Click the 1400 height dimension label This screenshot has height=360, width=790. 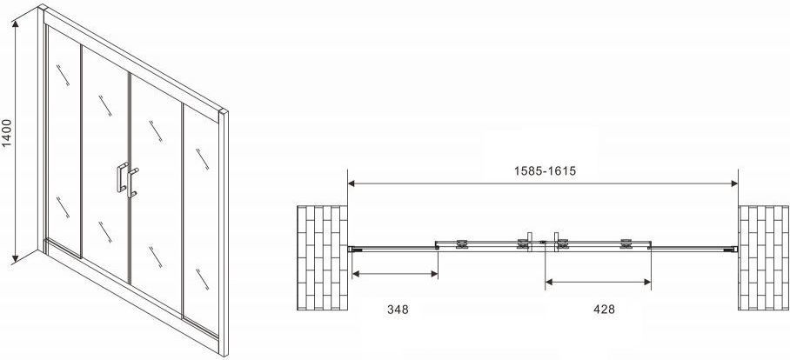pyautogui.click(x=7, y=133)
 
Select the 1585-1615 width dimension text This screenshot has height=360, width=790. pyautogui.click(x=545, y=171)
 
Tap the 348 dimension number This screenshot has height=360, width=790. pyautogui.click(x=398, y=310)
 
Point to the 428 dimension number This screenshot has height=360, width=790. pyautogui.click(x=604, y=310)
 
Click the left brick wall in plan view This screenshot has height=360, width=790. pyautogui.click(x=323, y=257)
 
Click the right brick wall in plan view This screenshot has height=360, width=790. pyautogui.click(x=764, y=257)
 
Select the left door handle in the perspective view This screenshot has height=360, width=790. pyautogui.click(x=122, y=177)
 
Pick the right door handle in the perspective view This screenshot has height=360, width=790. pyautogui.click(x=132, y=183)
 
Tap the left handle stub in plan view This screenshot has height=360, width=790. pyautogui.click(x=529, y=238)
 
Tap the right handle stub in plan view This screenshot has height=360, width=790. pyautogui.click(x=556, y=238)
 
